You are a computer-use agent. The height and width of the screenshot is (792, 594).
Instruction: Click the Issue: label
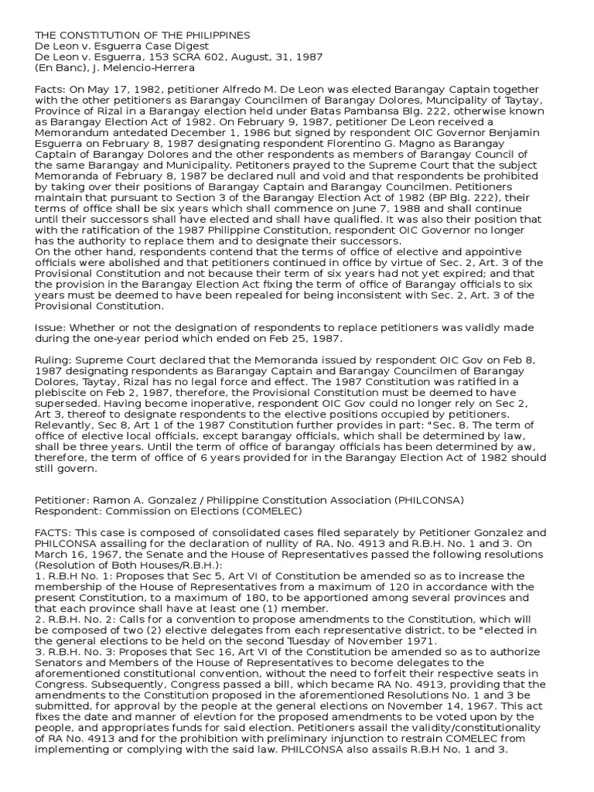coord(51,328)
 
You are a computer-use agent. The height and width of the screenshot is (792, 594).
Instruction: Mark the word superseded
coord(69,404)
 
